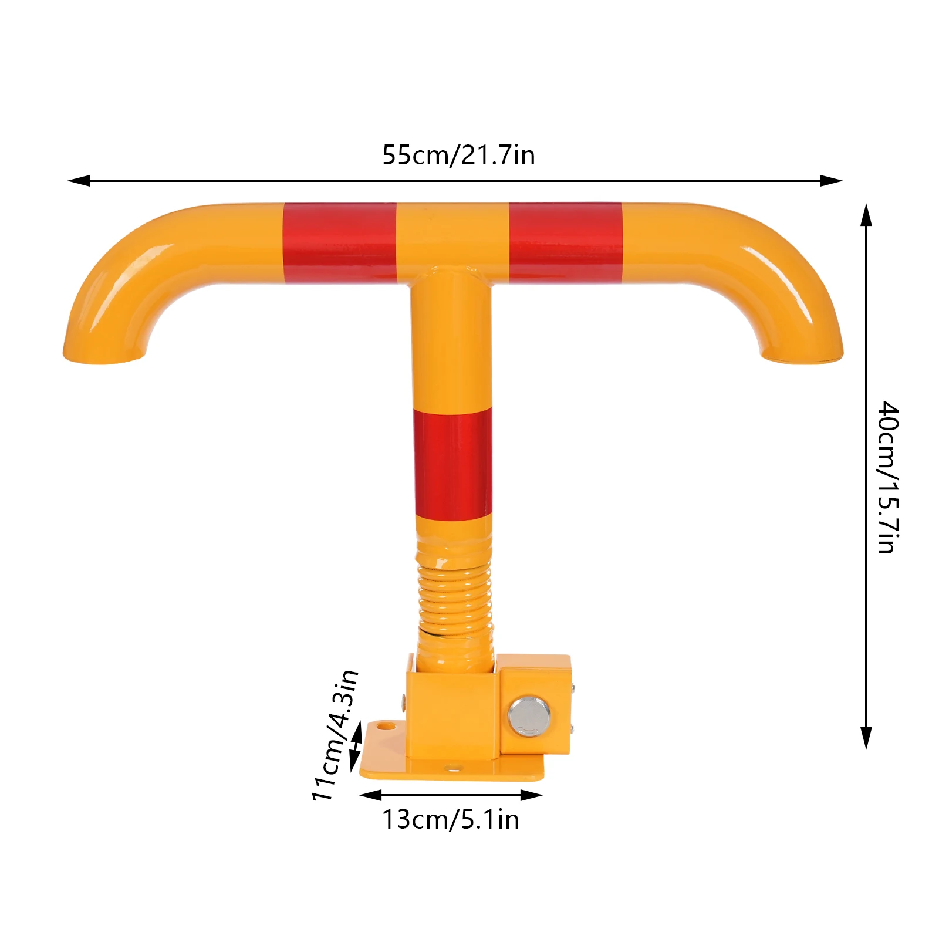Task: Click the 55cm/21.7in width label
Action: pyautogui.click(x=458, y=156)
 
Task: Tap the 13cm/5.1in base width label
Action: pyautogui.click(x=451, y=819)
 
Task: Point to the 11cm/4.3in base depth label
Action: pyautogui.click(x=335, y=735)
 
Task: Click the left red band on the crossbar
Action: pyautogui.click(x=340, y=244)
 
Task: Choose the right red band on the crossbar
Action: pyautogui.click(x=566, y=243)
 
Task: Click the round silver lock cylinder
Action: pyautogui.click(x=529, y=716)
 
